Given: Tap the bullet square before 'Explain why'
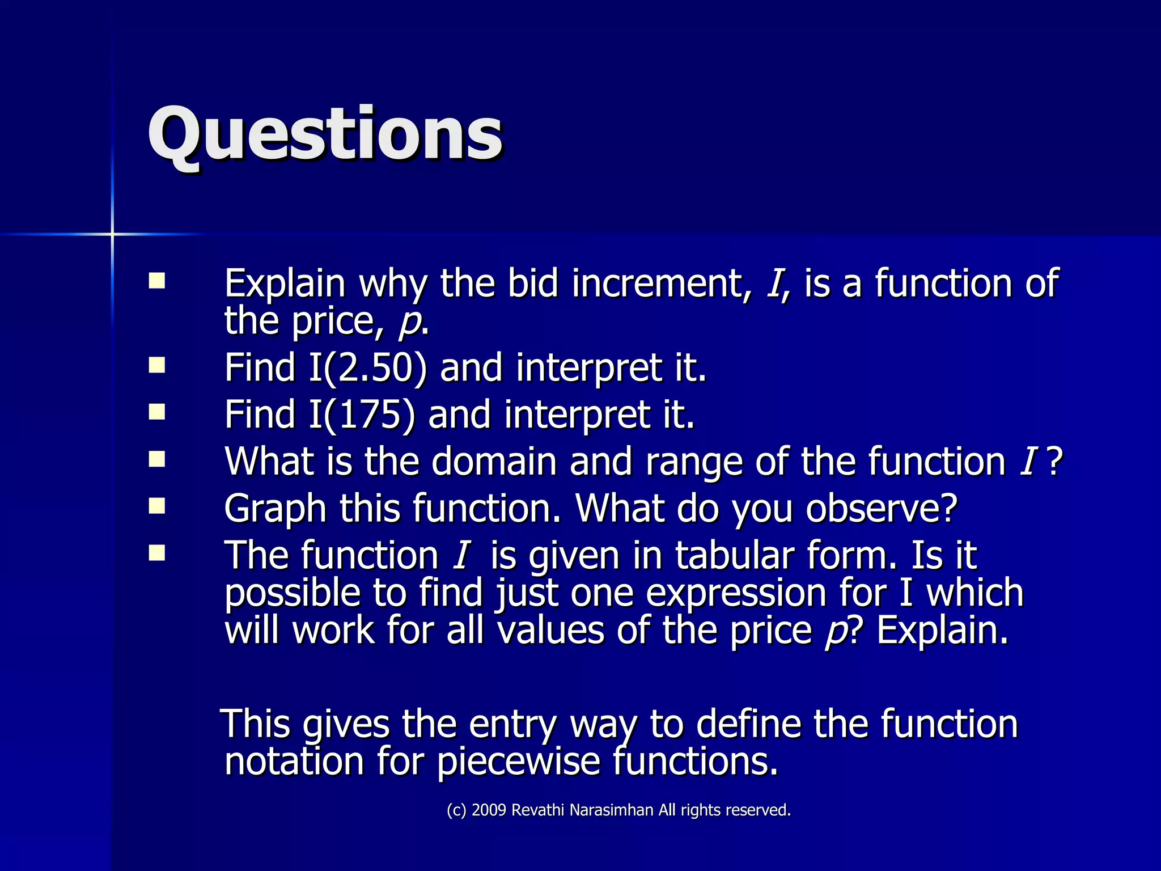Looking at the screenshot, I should coord(157,281).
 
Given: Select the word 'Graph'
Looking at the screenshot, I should coord(275,508).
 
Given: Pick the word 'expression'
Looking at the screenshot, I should coord(736,593).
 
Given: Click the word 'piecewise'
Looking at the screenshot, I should coord(518,761).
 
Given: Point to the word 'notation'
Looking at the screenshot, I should coord(294,761).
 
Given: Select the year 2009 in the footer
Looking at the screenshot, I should coord(489,810).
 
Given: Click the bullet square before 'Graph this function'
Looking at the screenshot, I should coord(157,505).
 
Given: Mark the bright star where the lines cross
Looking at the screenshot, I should coord(112,234).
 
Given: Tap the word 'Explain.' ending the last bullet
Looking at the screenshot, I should coord(942,631).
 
